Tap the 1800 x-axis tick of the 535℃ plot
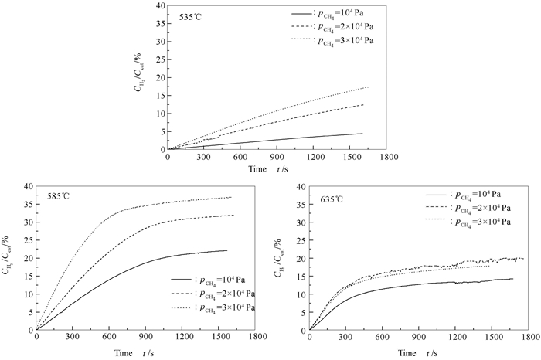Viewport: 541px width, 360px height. point(389,157)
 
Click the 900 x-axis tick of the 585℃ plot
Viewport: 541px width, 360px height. point(147,338)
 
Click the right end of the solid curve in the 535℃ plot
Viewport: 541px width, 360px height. point(362,133)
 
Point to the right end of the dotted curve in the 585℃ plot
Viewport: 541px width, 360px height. point(231,197)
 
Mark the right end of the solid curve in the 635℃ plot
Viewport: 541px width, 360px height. point(512,279)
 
